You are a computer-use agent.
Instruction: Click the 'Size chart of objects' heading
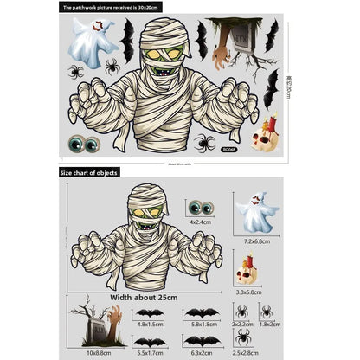click(93, 173)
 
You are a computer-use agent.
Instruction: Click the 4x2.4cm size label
click(201, 222)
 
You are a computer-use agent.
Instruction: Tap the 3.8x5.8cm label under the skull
click(248, 292)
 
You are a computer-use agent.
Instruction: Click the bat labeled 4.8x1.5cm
click(151, 312)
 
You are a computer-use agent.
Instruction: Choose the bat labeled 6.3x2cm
click(201, 341)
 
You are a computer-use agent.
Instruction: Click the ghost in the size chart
click(256, 212)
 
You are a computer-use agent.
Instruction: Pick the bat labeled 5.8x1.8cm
click(201, 312)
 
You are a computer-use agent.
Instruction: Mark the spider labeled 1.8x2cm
click(267, 311)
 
